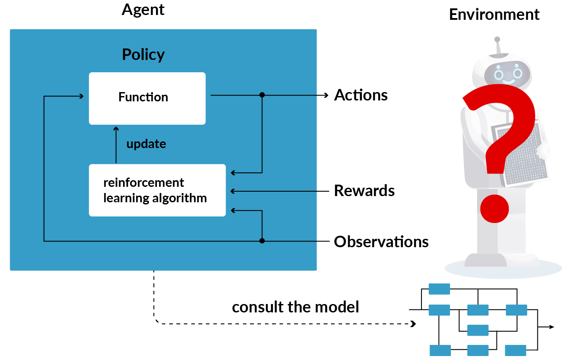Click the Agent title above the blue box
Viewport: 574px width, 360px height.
pos(143,10)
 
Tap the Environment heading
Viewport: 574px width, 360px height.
pos(494,15)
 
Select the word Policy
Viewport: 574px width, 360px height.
pos(143,55)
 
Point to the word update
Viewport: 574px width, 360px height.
pos(146,144)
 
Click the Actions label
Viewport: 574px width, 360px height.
pos(361,95)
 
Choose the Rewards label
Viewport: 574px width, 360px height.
pos(364,191)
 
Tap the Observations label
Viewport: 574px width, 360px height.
pos(381,242)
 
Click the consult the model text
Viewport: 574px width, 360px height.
pos(295,307)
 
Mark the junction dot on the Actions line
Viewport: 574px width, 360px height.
pos(262,95)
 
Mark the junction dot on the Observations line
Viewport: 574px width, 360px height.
pos(262,241)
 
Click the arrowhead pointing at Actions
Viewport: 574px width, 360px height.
pos(326,95)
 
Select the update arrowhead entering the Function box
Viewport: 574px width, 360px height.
pos(116,128)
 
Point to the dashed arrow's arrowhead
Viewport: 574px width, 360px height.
pos(413,324)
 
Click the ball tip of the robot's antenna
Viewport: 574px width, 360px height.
pos(497,39)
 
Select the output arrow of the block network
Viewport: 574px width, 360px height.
pos(551,327)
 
